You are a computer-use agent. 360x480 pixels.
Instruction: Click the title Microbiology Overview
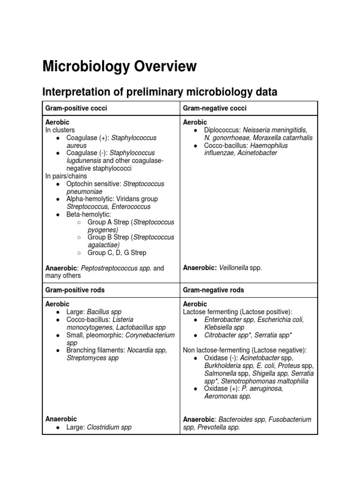coord(120,66)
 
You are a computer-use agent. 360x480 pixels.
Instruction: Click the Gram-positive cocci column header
coord(76,108)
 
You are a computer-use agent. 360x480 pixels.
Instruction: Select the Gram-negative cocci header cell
coord(215,108)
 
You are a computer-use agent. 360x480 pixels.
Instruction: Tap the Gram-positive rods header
coord(75,290)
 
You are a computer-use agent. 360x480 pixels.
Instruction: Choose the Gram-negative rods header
coord(214,290)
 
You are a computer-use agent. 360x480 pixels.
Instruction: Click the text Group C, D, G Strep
coord(117,253)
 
